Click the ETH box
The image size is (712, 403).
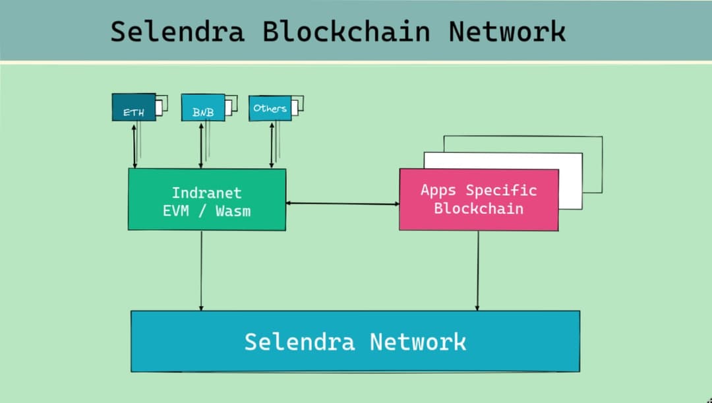point(134,108)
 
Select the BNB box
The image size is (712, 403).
point(203,108)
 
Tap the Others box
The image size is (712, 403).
point(270,108)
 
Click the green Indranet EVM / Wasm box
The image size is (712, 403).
point(207,199)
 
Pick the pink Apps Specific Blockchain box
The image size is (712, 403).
point(479,199)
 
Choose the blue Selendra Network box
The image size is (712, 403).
point(355,341)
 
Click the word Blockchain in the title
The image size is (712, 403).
point(347,31)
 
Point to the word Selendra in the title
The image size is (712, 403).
point(177,31)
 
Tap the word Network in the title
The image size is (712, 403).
point(507,31)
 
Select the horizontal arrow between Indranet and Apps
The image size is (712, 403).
point(342,204)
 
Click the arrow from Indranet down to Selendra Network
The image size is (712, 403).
point(201,270)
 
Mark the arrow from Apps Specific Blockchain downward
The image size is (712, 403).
point(477,270)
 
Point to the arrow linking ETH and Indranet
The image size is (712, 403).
point(134,144)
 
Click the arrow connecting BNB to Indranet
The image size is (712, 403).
point(200,144)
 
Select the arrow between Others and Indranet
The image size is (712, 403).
point(271,144)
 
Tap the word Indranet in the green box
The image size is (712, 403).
point(207,193)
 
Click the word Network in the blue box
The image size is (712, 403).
point(417,342)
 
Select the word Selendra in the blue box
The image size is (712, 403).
point(299,342)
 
